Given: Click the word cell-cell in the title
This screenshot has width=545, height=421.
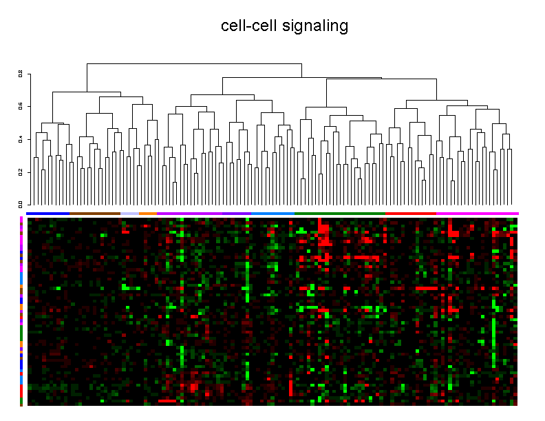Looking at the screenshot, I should (x=249, y=26).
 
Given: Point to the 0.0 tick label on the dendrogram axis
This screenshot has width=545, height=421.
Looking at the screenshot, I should (x=21, y=204).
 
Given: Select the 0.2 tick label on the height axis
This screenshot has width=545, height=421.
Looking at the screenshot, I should (x=21, y=172).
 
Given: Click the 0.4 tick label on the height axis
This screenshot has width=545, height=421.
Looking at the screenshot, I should (x=21, y=139).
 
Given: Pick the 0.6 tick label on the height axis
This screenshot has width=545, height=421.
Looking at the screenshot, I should (x=21, y=106).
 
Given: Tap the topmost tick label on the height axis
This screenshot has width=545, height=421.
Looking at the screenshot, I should (x=21, y=74).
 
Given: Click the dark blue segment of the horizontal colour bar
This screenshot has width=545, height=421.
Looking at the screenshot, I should (x=48, y=214).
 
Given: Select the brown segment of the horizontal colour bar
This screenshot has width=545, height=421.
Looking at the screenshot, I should (x=95, y=214).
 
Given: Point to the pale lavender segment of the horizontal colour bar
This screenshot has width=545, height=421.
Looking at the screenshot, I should (x=129, y=214).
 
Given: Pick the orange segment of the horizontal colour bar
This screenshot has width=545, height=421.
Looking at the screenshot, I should (x=147, y=214).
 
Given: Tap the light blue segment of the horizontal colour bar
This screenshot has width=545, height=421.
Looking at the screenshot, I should (x=272, y=214).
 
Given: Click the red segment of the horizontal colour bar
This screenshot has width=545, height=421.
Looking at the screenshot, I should (x=410, y=214).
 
